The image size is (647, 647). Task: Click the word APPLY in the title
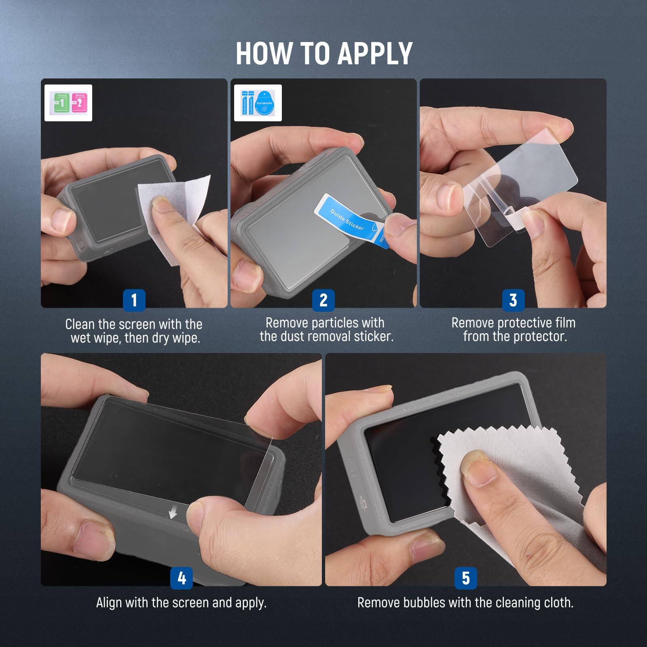[375, 53]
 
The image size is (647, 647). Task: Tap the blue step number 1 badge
[134, 300]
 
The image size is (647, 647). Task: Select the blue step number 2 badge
[323, 300]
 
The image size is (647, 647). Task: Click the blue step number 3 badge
[513, 300]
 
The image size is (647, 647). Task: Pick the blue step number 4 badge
[182, 578]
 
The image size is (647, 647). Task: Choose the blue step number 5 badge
[465, 578]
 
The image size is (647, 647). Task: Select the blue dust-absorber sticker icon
[264, 103]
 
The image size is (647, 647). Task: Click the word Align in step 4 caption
[110, 603]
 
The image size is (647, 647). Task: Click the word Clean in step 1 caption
[80, 324]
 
